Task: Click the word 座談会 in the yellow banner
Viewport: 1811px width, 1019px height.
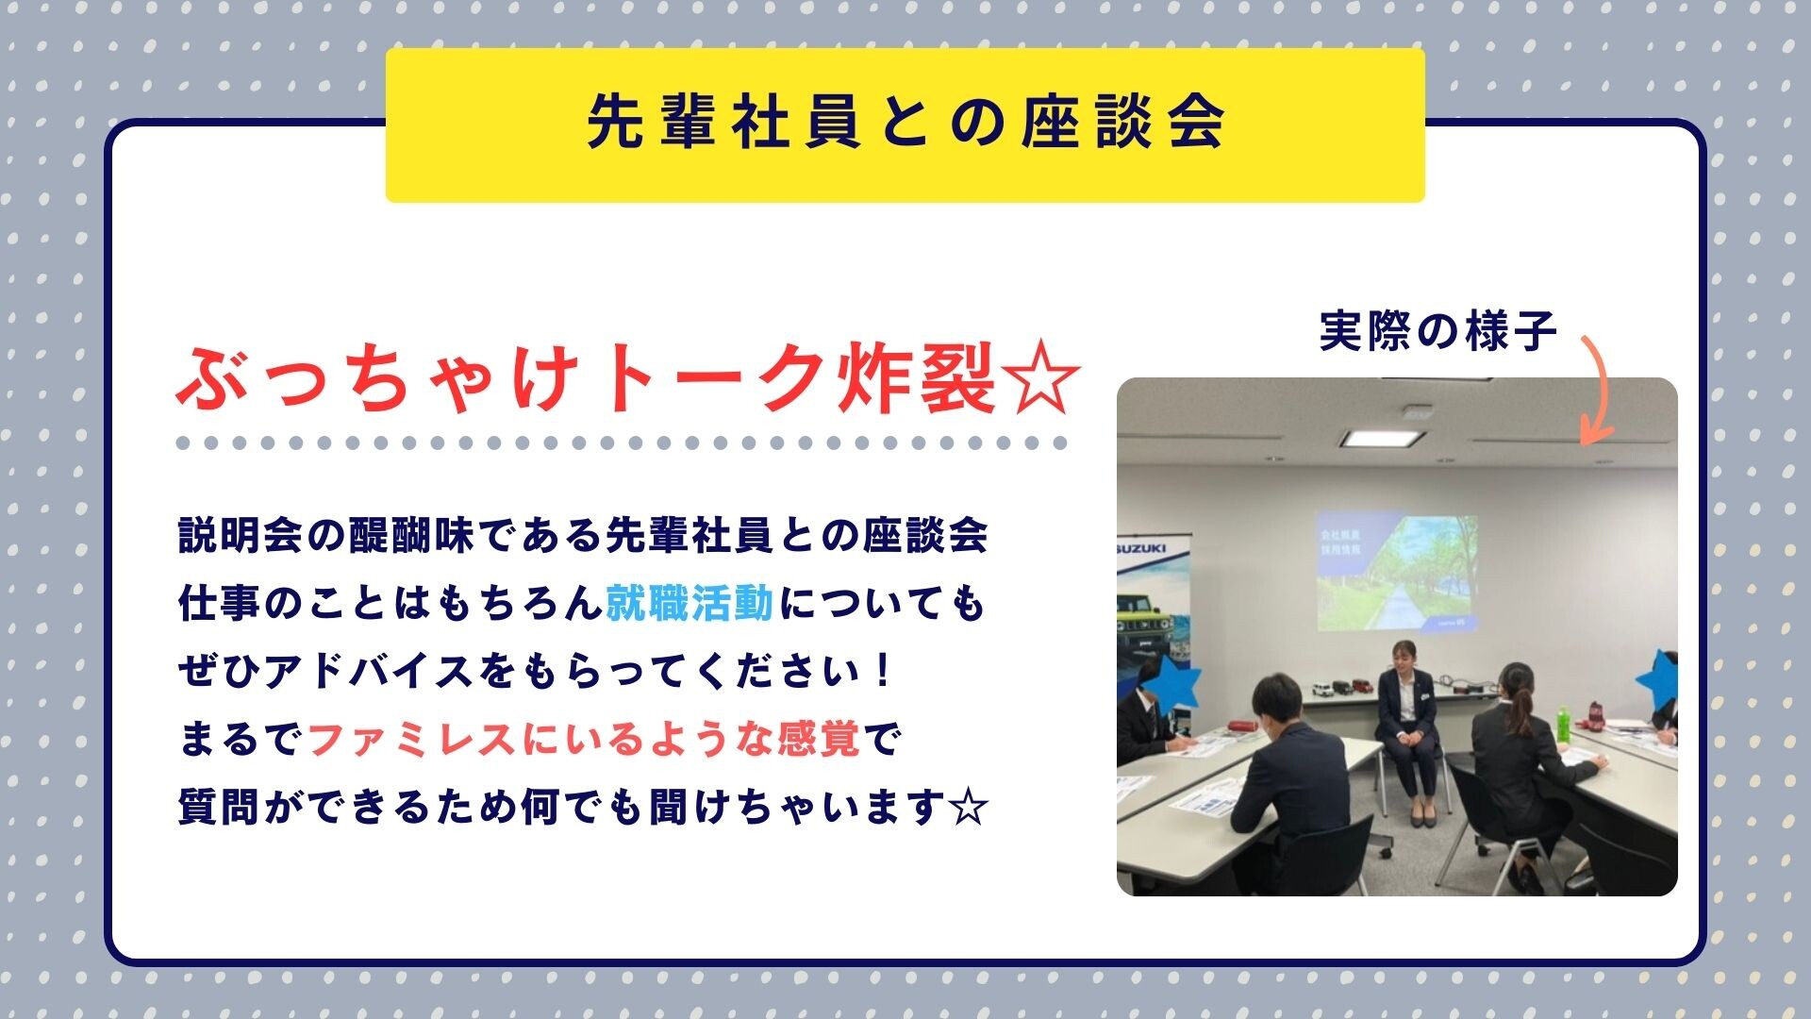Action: pyautogui.click(x=1122, y=122)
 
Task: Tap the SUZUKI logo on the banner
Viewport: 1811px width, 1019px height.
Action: pyautogui.click(x=1140, y=548)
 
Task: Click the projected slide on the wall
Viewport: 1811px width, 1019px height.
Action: pyautogui.click(x=1397, y=572)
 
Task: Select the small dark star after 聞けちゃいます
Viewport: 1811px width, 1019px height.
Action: pyautogui.click(x=968, y=808)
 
